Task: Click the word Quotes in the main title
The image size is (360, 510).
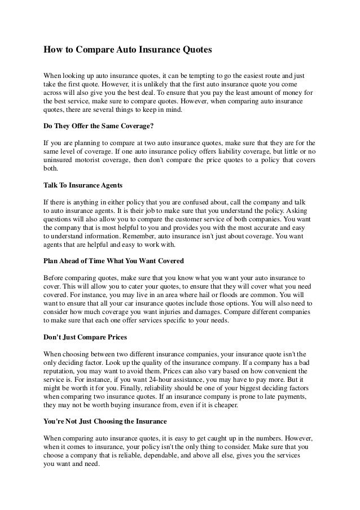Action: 195,50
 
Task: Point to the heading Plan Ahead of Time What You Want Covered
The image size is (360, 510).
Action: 113,262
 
